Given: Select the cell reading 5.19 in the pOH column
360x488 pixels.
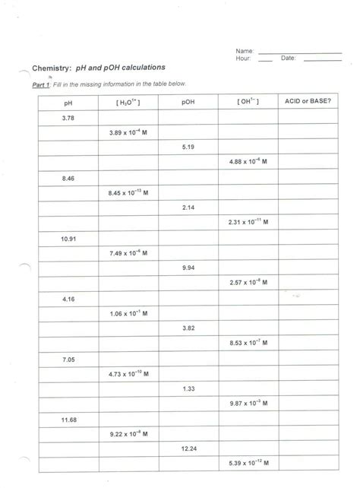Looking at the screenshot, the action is [x=189, y=147].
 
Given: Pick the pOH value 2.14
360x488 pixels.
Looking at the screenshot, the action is [x=189, y=207].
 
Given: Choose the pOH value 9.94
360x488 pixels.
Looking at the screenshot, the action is [x=189, y=268].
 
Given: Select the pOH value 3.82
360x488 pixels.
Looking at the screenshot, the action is [x=189, y=328].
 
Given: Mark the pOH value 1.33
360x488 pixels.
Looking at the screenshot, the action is [x=189, y=388].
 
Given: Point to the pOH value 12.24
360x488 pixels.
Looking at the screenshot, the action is [x=189, y=448].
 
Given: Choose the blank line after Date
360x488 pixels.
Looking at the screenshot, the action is [x=323, y=59].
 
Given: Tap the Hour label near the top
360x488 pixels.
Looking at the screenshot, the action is [x=243, y=58].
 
